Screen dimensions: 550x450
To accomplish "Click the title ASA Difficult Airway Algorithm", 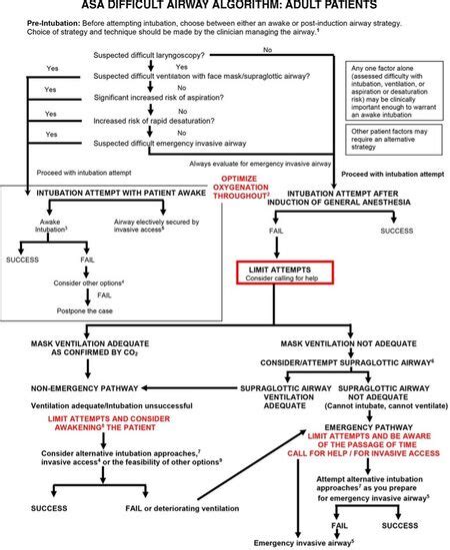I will pyautogui.click(x=224, y=8).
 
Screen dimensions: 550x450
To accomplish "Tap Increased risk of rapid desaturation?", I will pyautogui.click(x=155, y=115).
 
